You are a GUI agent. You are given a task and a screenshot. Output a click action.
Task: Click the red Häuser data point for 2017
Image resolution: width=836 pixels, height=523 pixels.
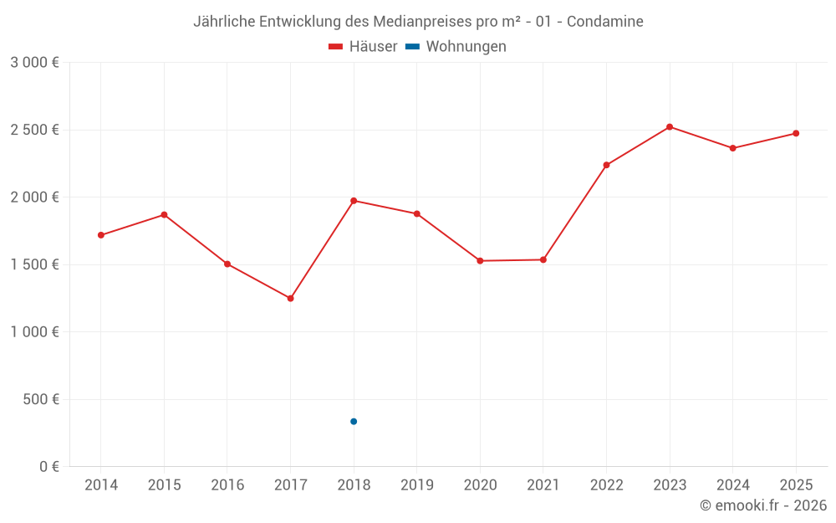(290, 298)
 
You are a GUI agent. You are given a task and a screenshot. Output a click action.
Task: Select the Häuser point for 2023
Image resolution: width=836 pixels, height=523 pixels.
(670, 126)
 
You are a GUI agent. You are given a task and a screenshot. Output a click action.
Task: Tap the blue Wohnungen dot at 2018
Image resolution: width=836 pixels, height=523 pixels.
(354, 421)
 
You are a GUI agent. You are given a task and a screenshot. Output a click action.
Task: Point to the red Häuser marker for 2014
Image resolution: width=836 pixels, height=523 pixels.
(101, 235)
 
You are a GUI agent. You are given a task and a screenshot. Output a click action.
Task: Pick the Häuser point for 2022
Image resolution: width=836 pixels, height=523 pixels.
(606, 165)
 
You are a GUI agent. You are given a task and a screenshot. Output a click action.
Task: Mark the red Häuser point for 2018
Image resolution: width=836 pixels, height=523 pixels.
(354, 201)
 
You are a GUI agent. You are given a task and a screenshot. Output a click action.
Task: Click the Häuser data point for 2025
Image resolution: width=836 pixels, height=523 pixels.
(796, 133)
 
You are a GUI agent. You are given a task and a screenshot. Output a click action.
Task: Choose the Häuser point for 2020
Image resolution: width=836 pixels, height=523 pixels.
(480, 261)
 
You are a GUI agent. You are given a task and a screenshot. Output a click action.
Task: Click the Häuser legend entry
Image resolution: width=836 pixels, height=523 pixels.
(363, 47)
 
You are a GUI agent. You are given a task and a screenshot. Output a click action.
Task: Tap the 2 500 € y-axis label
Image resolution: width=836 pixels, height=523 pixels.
(34, 130)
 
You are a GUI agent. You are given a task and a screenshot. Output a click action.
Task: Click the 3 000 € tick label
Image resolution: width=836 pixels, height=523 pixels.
(34, 63)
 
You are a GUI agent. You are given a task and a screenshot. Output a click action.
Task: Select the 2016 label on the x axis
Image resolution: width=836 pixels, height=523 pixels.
(227, 485)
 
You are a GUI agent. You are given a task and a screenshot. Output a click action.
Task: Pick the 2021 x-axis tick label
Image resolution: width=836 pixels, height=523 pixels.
(543, 485)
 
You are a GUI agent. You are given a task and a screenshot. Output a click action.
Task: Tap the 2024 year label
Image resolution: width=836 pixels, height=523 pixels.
(733, 485)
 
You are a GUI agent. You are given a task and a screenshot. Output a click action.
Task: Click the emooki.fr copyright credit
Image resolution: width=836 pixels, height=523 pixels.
(763, 505)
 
